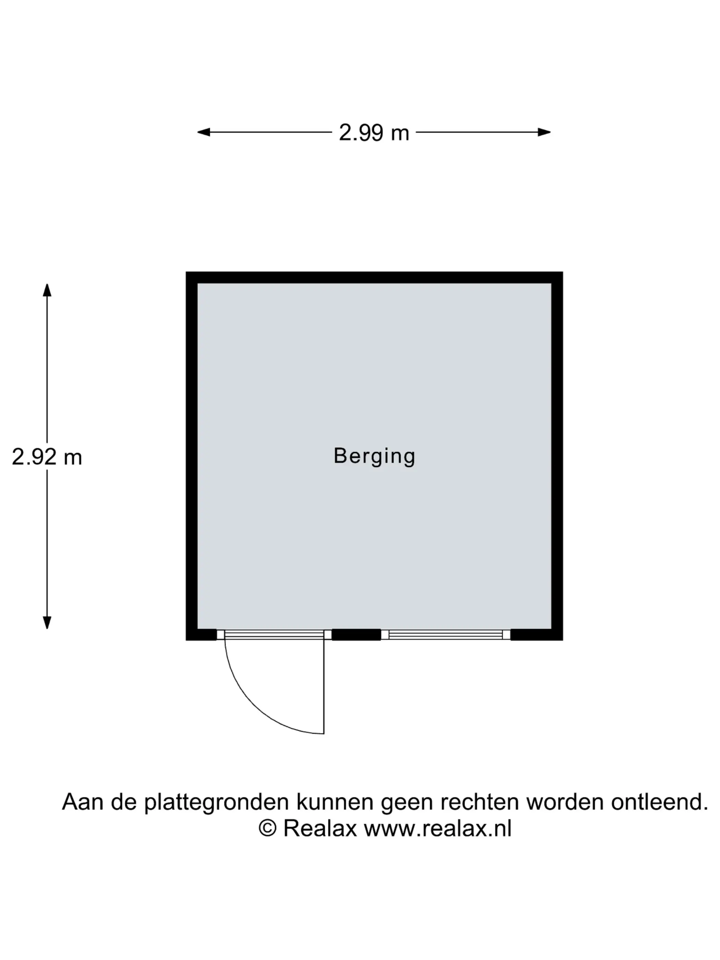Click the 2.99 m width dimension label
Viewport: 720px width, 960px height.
(x=374, y=132)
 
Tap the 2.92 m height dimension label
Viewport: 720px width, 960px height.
(x=47, y=457)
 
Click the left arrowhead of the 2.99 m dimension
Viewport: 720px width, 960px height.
(x=204, y=132)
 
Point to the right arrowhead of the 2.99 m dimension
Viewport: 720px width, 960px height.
(x=544, y=132)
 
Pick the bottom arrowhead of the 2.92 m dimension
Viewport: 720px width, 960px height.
(x=47, y=623)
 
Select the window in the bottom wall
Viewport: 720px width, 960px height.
(x=445, y=635)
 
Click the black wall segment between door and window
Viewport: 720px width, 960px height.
(x=356, y=635)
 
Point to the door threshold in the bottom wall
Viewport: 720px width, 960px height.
(x=274, y=635)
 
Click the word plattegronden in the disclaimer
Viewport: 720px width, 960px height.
(x=216, y=803)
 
